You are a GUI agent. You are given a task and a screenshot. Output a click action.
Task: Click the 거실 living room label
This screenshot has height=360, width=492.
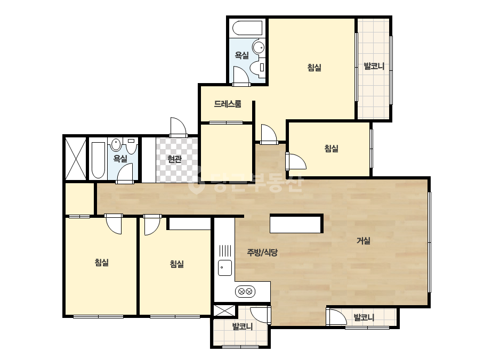[364, 241]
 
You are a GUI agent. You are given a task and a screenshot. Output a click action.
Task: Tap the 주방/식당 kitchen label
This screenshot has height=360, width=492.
[262, 252]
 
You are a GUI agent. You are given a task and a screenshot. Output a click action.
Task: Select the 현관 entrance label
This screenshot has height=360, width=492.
[174, 159]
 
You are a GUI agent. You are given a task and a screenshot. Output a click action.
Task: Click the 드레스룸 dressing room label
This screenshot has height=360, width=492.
[228, 104]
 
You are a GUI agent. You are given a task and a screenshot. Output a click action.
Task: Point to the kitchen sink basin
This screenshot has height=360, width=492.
[225, 268]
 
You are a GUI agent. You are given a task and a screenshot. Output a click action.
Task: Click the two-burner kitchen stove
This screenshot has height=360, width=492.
[245, 292]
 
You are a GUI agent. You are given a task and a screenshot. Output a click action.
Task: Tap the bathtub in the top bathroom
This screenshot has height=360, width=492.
[247, 28]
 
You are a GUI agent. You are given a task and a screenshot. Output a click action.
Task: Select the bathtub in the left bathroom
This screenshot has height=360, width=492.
[98, 160]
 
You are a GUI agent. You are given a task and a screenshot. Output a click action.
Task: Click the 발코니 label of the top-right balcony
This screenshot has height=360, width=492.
[374, 66]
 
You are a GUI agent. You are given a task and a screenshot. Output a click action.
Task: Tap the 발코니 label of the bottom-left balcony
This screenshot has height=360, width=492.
[242, 327]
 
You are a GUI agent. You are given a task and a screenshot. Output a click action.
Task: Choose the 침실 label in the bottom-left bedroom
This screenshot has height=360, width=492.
[102, 262]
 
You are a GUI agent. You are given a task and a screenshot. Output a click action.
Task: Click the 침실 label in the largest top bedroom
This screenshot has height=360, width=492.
[314, 68]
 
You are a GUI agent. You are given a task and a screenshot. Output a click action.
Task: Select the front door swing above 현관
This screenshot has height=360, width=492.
[179, 127]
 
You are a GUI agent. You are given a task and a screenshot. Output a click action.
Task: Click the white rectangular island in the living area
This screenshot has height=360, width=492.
[296, 224]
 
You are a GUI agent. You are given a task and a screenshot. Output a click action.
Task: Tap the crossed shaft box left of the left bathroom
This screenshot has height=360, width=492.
[75, 158]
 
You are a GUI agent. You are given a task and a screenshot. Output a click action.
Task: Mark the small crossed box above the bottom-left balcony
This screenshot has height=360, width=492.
[224, 310]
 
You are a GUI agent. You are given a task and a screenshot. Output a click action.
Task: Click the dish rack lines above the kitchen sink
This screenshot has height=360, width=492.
[225, 250]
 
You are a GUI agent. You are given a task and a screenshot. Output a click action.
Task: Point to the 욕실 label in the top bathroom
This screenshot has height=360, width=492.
[242, 55]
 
